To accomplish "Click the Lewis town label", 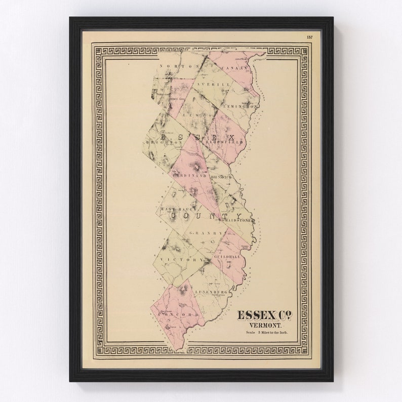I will click(199, 115).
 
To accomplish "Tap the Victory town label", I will click(174, 259).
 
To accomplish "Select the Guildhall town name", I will click(225, 257).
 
